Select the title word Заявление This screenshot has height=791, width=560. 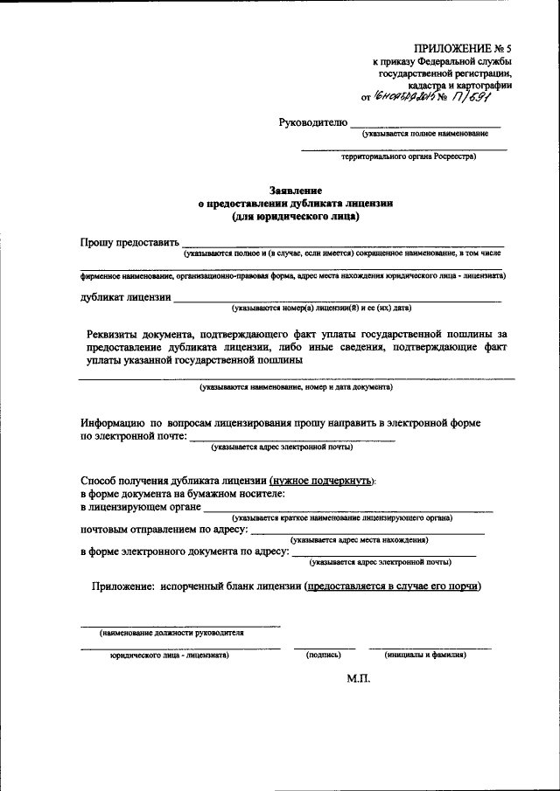tap(296, 190)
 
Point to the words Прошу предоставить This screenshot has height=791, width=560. tap(129, 242)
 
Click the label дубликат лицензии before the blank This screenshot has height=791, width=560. tap(126, 297)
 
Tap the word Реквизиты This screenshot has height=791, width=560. tap(121, 333)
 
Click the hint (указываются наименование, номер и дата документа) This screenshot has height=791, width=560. tap(296, 385)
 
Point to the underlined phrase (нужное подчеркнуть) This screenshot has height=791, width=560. tap(323, 481)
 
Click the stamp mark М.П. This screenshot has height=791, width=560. tap(359, 678)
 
